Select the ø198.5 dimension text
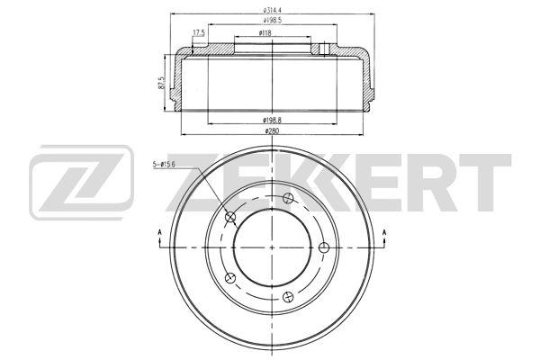[x=273, y=21]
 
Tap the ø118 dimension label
[x=265, y=33]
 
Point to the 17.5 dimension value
[x=199, y=32]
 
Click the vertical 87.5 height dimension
[x=161, y=83]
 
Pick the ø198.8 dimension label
[x=273, y=121]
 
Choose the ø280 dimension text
[x=272, y=130]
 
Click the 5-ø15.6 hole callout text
[x=164, y=165]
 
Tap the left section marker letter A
[x=159, y=232]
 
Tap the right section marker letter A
[x=384, y=232]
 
